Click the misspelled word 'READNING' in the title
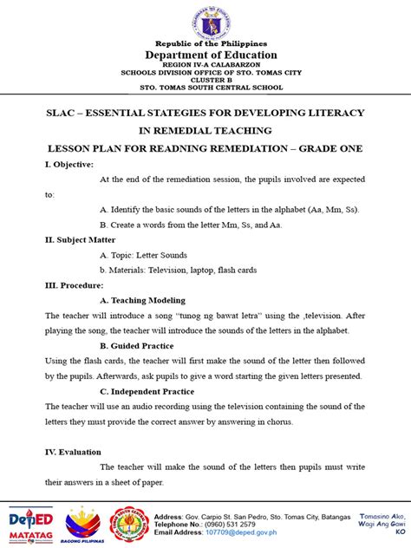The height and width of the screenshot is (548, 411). (192, 148)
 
